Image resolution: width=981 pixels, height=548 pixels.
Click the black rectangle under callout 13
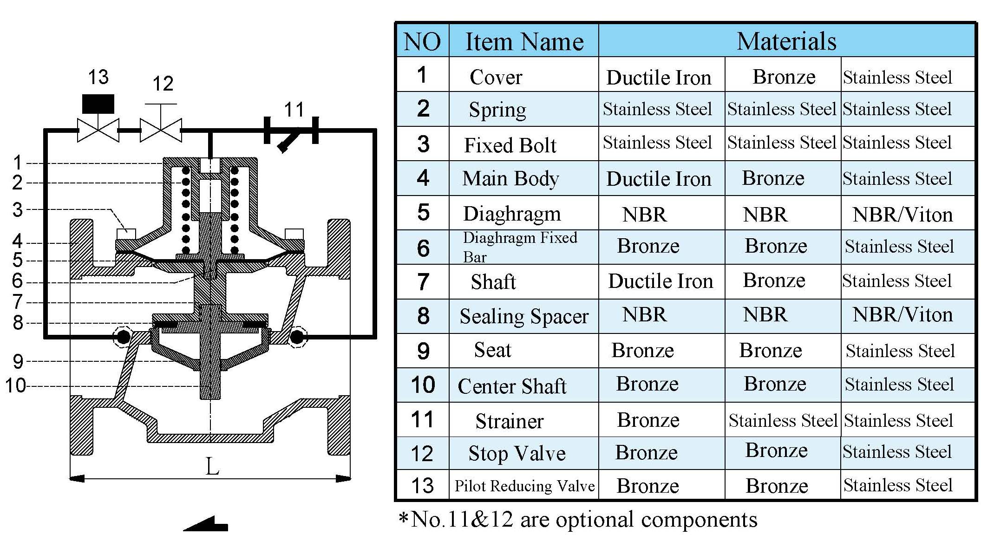coord(98,104)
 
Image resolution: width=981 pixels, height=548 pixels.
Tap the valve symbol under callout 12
coord(161,130)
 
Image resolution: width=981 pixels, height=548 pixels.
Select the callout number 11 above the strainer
coord(294,110)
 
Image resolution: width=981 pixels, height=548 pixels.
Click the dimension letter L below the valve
coord(212,466)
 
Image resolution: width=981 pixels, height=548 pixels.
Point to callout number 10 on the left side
coord(15,385)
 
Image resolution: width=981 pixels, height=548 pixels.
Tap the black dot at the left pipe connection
coord(123,337)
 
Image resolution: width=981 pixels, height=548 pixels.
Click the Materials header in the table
coord(786,41)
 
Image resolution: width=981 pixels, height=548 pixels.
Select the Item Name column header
coord(524,42)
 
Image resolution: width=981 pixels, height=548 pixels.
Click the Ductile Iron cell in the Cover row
coord(659,78)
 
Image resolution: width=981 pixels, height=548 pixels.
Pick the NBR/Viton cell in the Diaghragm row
coord(902,215)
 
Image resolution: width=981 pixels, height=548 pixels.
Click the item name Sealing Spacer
coord(524,316)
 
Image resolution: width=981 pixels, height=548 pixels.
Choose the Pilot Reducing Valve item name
coord(524,486)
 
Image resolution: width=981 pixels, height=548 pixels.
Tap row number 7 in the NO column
coord(423,282)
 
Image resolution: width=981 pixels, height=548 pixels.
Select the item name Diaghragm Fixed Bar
coord(519,247)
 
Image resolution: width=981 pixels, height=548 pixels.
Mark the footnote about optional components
coord(578,519)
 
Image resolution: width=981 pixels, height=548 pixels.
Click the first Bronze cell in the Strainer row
coord(648,420)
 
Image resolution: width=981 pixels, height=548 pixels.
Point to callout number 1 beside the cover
coord(17,163)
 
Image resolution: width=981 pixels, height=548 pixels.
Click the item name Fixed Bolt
coord(510,145)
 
